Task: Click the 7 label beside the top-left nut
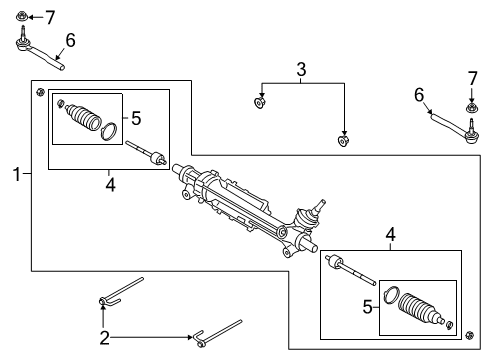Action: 51,16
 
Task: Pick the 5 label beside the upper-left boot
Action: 136,118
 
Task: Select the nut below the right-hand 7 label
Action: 468,107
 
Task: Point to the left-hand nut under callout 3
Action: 260,101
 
